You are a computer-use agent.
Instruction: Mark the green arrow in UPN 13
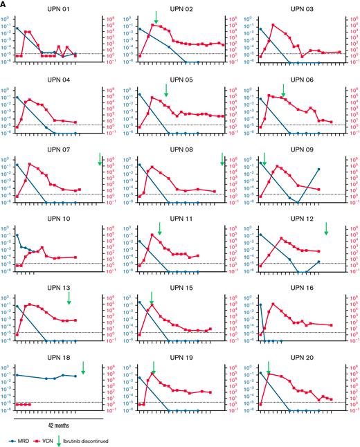69,298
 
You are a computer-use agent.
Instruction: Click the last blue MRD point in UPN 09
319,169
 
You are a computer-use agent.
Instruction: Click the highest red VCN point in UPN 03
274,25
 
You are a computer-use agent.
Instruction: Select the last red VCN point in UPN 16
332,325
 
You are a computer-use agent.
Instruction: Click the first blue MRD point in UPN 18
17,374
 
